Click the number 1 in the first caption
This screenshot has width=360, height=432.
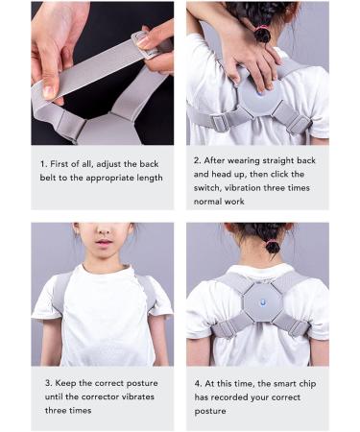click(x=43, y=163)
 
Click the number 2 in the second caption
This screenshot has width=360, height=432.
click(x=196, y=161)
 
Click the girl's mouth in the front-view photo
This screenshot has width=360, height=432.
click(x=101, y=247)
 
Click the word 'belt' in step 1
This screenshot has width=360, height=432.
click(x=52, y=178)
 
